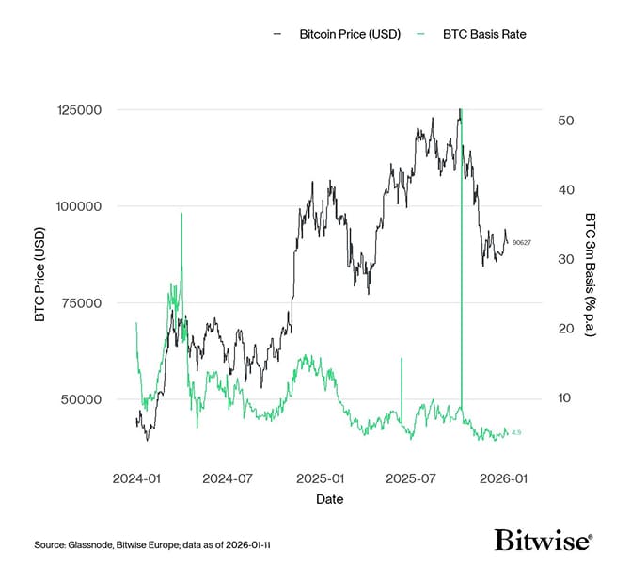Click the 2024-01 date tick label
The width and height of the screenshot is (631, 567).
(136, 478)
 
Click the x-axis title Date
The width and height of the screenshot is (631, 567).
(329, 499)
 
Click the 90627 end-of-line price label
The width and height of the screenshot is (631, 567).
(521, 243)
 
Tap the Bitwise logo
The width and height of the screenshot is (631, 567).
(543, 540)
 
